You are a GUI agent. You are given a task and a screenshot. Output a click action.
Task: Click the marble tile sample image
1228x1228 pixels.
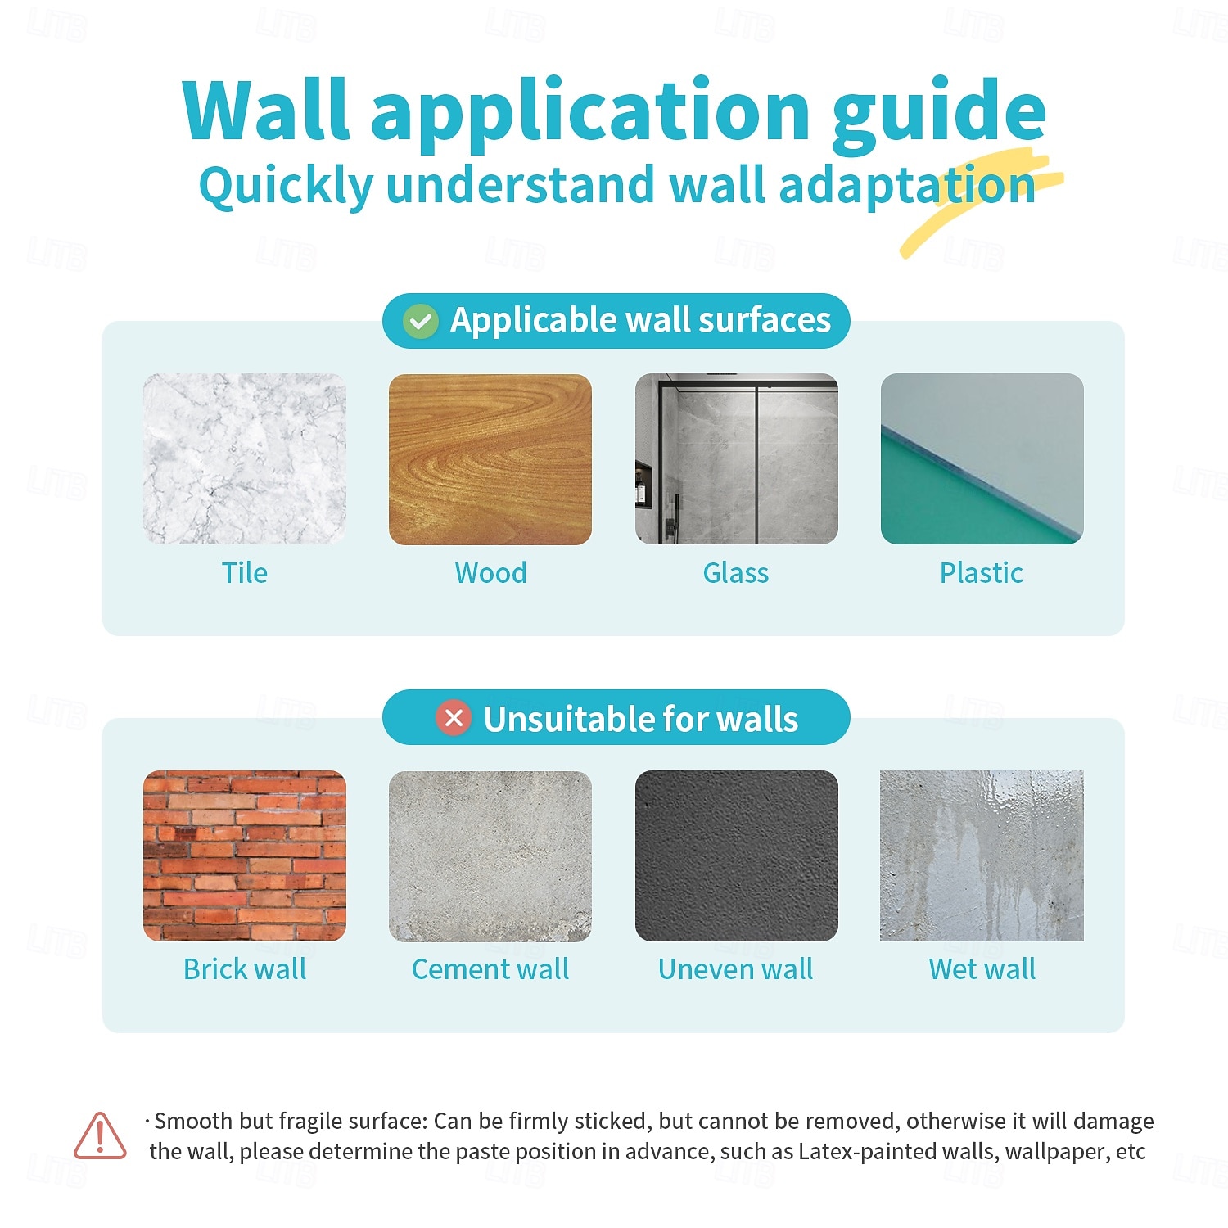pos(245,459)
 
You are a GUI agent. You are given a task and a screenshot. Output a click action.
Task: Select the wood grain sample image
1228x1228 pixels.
pos(490,459)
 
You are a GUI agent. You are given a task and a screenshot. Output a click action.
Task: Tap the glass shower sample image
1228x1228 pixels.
pos(737,459)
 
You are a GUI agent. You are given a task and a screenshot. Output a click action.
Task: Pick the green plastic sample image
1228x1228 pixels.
pos(982,459)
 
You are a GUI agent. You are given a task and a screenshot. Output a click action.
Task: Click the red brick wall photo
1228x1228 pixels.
pos(245,856)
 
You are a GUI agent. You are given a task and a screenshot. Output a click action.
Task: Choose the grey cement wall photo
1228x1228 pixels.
pos(490,856)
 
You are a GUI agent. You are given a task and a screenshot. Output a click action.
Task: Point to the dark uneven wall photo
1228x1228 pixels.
pos(737,856)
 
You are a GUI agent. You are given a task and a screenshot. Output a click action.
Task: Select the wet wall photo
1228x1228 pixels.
pos(982,856)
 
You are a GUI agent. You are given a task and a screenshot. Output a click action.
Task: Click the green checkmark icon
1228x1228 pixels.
pos(421,322)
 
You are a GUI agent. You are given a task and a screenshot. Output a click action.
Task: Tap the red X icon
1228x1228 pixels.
pos(454,719)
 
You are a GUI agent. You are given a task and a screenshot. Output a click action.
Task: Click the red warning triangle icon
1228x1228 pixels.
pos(100,1135)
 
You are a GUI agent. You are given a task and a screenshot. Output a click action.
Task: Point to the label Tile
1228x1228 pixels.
pos(245,573)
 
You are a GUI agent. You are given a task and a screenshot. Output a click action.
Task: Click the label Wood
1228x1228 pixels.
pos(491,573)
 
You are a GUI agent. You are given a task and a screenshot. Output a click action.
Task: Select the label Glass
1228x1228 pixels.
pos(736,573)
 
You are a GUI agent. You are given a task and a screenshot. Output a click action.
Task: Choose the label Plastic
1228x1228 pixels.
pos(982,573)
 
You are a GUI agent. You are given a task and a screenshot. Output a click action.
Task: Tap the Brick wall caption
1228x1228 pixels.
pos(245,969)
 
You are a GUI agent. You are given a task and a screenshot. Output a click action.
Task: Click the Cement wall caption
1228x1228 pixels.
pos(490,969)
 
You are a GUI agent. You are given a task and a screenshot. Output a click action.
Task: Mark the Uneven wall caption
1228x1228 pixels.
pos(736,969)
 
